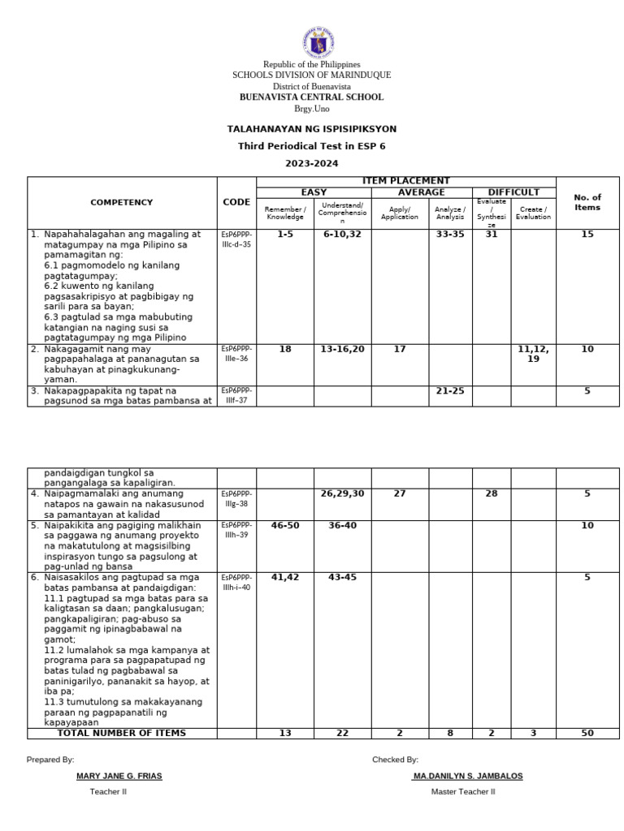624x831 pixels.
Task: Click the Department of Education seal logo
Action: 311,40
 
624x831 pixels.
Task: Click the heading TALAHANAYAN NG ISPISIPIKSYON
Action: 311,129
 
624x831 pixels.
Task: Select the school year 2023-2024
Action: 311,163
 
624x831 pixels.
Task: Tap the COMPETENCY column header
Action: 122,202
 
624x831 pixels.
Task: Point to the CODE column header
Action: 236,202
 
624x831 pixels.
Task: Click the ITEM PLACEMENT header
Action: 406,181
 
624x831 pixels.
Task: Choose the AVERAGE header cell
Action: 421,192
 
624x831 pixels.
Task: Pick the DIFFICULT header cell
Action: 513,192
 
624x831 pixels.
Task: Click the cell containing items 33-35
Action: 450,235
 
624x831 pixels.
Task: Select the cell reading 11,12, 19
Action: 533,354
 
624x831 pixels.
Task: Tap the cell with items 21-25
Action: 450,391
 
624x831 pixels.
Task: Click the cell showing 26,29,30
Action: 342,493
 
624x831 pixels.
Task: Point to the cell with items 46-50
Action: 285,526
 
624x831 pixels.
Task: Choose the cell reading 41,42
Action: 285,578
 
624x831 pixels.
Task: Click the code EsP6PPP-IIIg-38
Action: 237,497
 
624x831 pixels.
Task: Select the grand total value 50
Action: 587,734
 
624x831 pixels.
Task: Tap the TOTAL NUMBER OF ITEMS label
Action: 122,734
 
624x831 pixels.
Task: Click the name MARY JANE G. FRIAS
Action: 119,776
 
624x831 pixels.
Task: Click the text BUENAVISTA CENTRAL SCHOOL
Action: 311,97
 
